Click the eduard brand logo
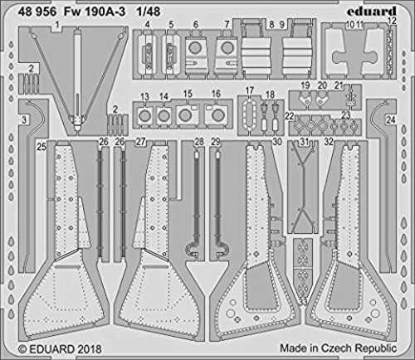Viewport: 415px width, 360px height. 372,12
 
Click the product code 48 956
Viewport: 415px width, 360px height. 37,12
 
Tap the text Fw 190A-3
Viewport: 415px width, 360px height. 95,12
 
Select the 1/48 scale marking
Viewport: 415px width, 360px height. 148,12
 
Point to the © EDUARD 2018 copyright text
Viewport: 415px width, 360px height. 60,349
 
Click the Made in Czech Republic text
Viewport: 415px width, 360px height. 338,348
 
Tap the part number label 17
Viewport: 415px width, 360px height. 249,90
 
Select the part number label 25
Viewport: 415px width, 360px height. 41,147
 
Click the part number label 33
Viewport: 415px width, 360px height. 303,301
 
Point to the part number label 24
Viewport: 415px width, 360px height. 390,120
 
